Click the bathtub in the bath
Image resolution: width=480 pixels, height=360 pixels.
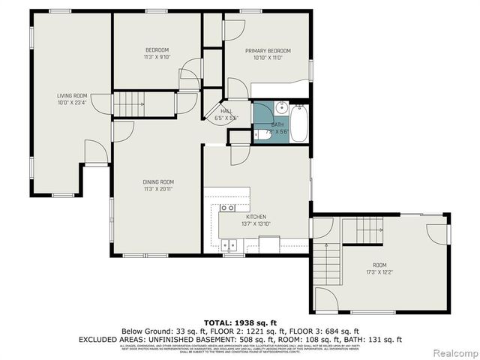[x=300, y=124]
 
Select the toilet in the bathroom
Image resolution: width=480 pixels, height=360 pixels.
[x=259, y=135]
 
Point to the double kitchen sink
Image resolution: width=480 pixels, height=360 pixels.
[x=230, y=244]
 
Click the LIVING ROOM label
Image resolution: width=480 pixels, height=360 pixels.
[x=73, y=95]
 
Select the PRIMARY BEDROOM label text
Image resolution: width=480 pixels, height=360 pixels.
[x=268, y=51]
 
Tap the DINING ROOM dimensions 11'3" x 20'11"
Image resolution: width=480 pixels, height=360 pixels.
[x=158, y=189]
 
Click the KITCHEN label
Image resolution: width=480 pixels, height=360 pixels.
[x=235, y=215]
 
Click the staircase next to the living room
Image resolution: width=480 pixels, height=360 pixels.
[x=128, y=102]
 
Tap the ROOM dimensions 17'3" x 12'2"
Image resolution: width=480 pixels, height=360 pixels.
[x=380, y=271]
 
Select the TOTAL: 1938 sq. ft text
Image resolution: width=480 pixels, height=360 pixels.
[x=240, y=321]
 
